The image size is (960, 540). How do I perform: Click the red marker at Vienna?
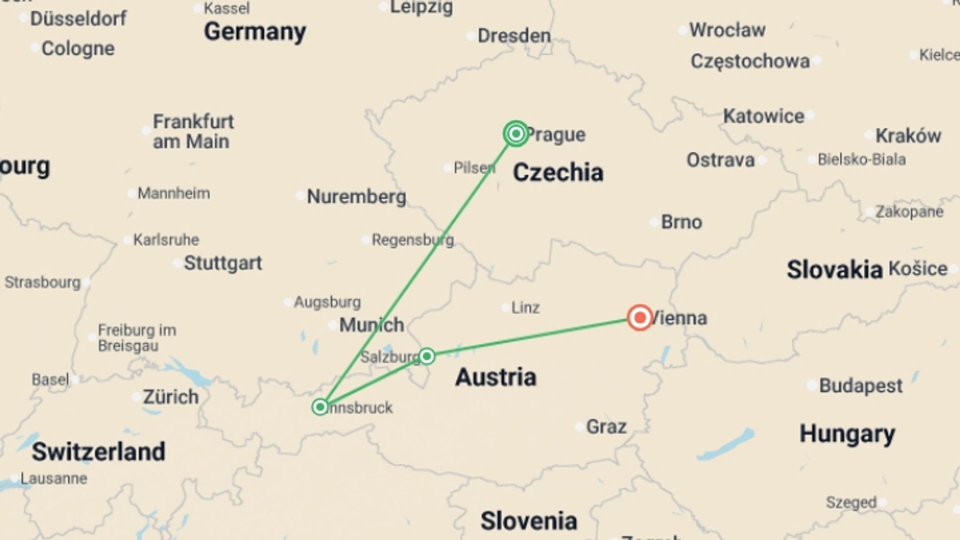[639, 317]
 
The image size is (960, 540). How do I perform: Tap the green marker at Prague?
[516, 133]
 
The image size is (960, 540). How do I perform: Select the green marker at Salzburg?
[427, 356]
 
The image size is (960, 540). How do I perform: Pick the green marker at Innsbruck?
[320, 407]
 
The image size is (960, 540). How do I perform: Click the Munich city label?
[371, 325]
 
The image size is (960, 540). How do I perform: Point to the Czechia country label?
[558, 172]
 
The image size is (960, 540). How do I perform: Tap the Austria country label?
[495, 377]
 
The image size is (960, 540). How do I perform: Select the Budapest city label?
[860, 385]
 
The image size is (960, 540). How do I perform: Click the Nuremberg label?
[356, 196]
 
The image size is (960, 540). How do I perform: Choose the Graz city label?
[606, 426]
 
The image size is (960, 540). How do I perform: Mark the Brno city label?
[681, 222]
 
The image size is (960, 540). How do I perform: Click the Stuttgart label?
[222, 263]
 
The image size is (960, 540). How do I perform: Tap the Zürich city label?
[170, 397]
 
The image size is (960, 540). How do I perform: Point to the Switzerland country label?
[98, 451]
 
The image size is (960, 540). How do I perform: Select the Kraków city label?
[908, 135]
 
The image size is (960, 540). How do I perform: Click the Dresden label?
[514, 35]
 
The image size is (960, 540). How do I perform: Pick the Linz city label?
[525, 307]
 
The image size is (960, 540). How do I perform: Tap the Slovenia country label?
[528, 521]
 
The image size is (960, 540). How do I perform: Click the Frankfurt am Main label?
[193, 131]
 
